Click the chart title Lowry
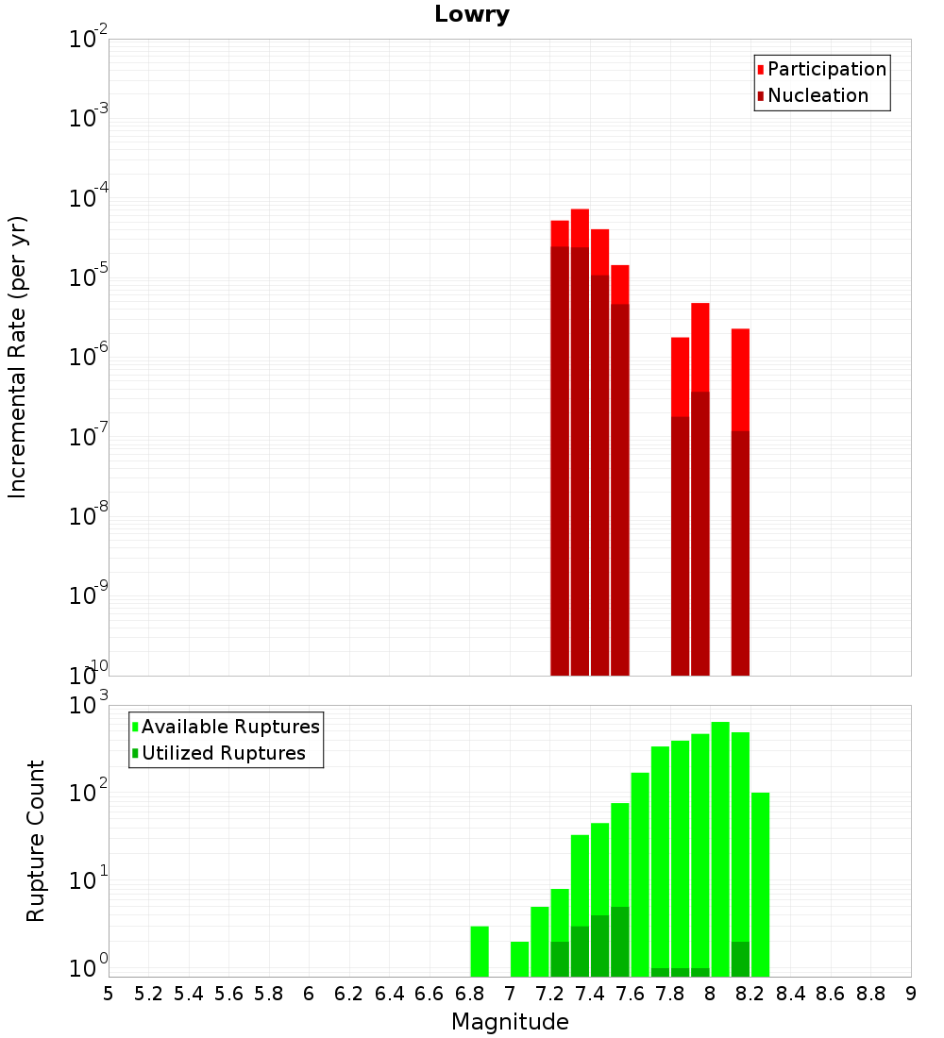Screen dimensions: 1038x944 point(472,15)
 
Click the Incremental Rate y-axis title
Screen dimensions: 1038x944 point(18,358)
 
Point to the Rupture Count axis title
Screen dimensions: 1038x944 point(36,841)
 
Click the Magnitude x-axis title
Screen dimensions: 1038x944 point(510,1022)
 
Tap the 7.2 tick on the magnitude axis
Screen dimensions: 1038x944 point(549,994)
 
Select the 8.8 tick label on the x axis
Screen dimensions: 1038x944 point(870,994)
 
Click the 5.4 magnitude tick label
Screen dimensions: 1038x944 point(189,994)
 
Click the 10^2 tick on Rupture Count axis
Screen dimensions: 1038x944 point(90,794)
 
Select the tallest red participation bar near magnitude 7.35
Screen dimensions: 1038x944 point(580,227)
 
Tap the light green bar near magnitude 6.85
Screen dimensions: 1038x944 point(480,951)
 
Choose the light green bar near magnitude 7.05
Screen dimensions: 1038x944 point(519,959)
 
